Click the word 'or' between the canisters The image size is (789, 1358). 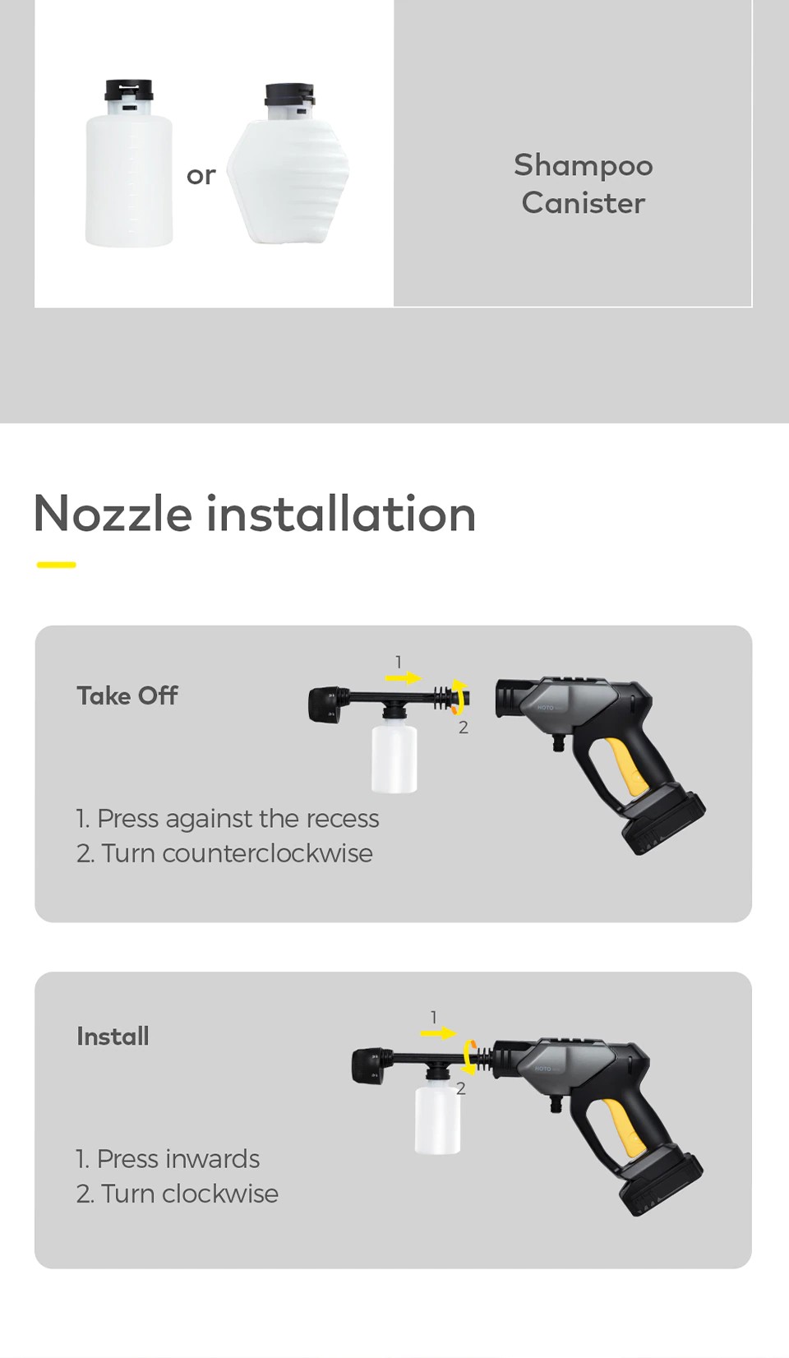tap(201, 176)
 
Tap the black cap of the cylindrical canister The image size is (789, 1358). tap(129, 90)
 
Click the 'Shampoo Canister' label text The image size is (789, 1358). tap(583, 183)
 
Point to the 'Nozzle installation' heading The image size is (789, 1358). tap(255, 514)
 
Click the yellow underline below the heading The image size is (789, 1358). tap(57, 565)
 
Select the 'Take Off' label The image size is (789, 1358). tap(127, 696)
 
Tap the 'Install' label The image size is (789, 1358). tap(113, 1036)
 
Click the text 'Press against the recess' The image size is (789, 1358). tap(238, 819)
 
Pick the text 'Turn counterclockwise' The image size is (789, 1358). tap(237, 853)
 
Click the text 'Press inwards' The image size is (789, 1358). tap(178, 1159)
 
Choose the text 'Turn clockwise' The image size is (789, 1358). tap(190, 1194)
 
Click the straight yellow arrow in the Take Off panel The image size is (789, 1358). tap(403, 678)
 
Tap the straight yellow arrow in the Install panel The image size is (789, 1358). tap(438, 1033)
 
